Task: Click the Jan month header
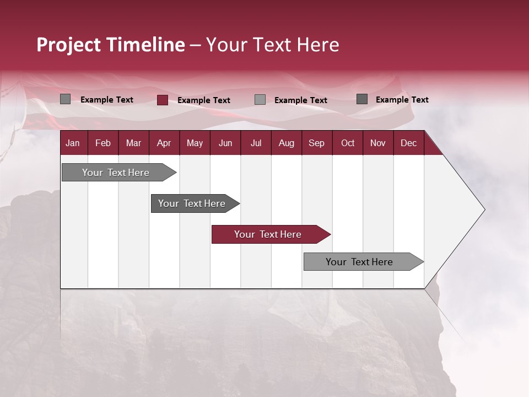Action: [x=73, y=143]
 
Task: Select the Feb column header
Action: [x=103, y=143]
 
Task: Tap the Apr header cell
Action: [x=164, y=143]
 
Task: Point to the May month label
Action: [x=195, y=143]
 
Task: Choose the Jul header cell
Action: [x=256, y=143]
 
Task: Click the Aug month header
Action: [x=286, y=143]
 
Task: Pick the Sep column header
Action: [x=316, y=143]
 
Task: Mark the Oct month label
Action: [x=348, y=143]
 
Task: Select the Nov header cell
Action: [x=378, y=143]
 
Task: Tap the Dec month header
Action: [x=408, y=143]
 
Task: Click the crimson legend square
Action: [x=163, y=100]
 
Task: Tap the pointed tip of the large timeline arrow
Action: [x=483, y=210]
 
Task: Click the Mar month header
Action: [x=133, y=143]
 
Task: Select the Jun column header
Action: [x=225, y=143]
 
